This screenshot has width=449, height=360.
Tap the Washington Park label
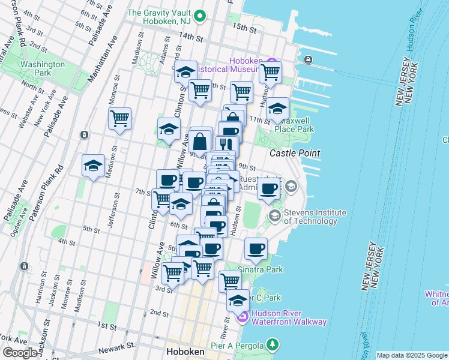(x=42, y=68)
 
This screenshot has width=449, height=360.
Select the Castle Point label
(x=294, y=154)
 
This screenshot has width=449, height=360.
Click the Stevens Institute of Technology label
(x=315, y=217)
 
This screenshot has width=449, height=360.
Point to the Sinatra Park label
(x=260, y=270)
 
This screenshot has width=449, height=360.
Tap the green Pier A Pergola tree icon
(x=273, y=344)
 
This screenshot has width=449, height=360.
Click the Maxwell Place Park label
(x=294, y=125)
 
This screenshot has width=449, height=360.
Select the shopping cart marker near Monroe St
(x=120, y=117)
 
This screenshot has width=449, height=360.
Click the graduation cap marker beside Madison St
(x=93, y=166)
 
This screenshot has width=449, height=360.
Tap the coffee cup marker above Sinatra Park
(x=256, y=248)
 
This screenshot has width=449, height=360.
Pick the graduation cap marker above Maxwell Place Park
(x=277, y=109)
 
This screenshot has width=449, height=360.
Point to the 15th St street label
(x=244, y=28)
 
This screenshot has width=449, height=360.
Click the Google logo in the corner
(x=19, y=353)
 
